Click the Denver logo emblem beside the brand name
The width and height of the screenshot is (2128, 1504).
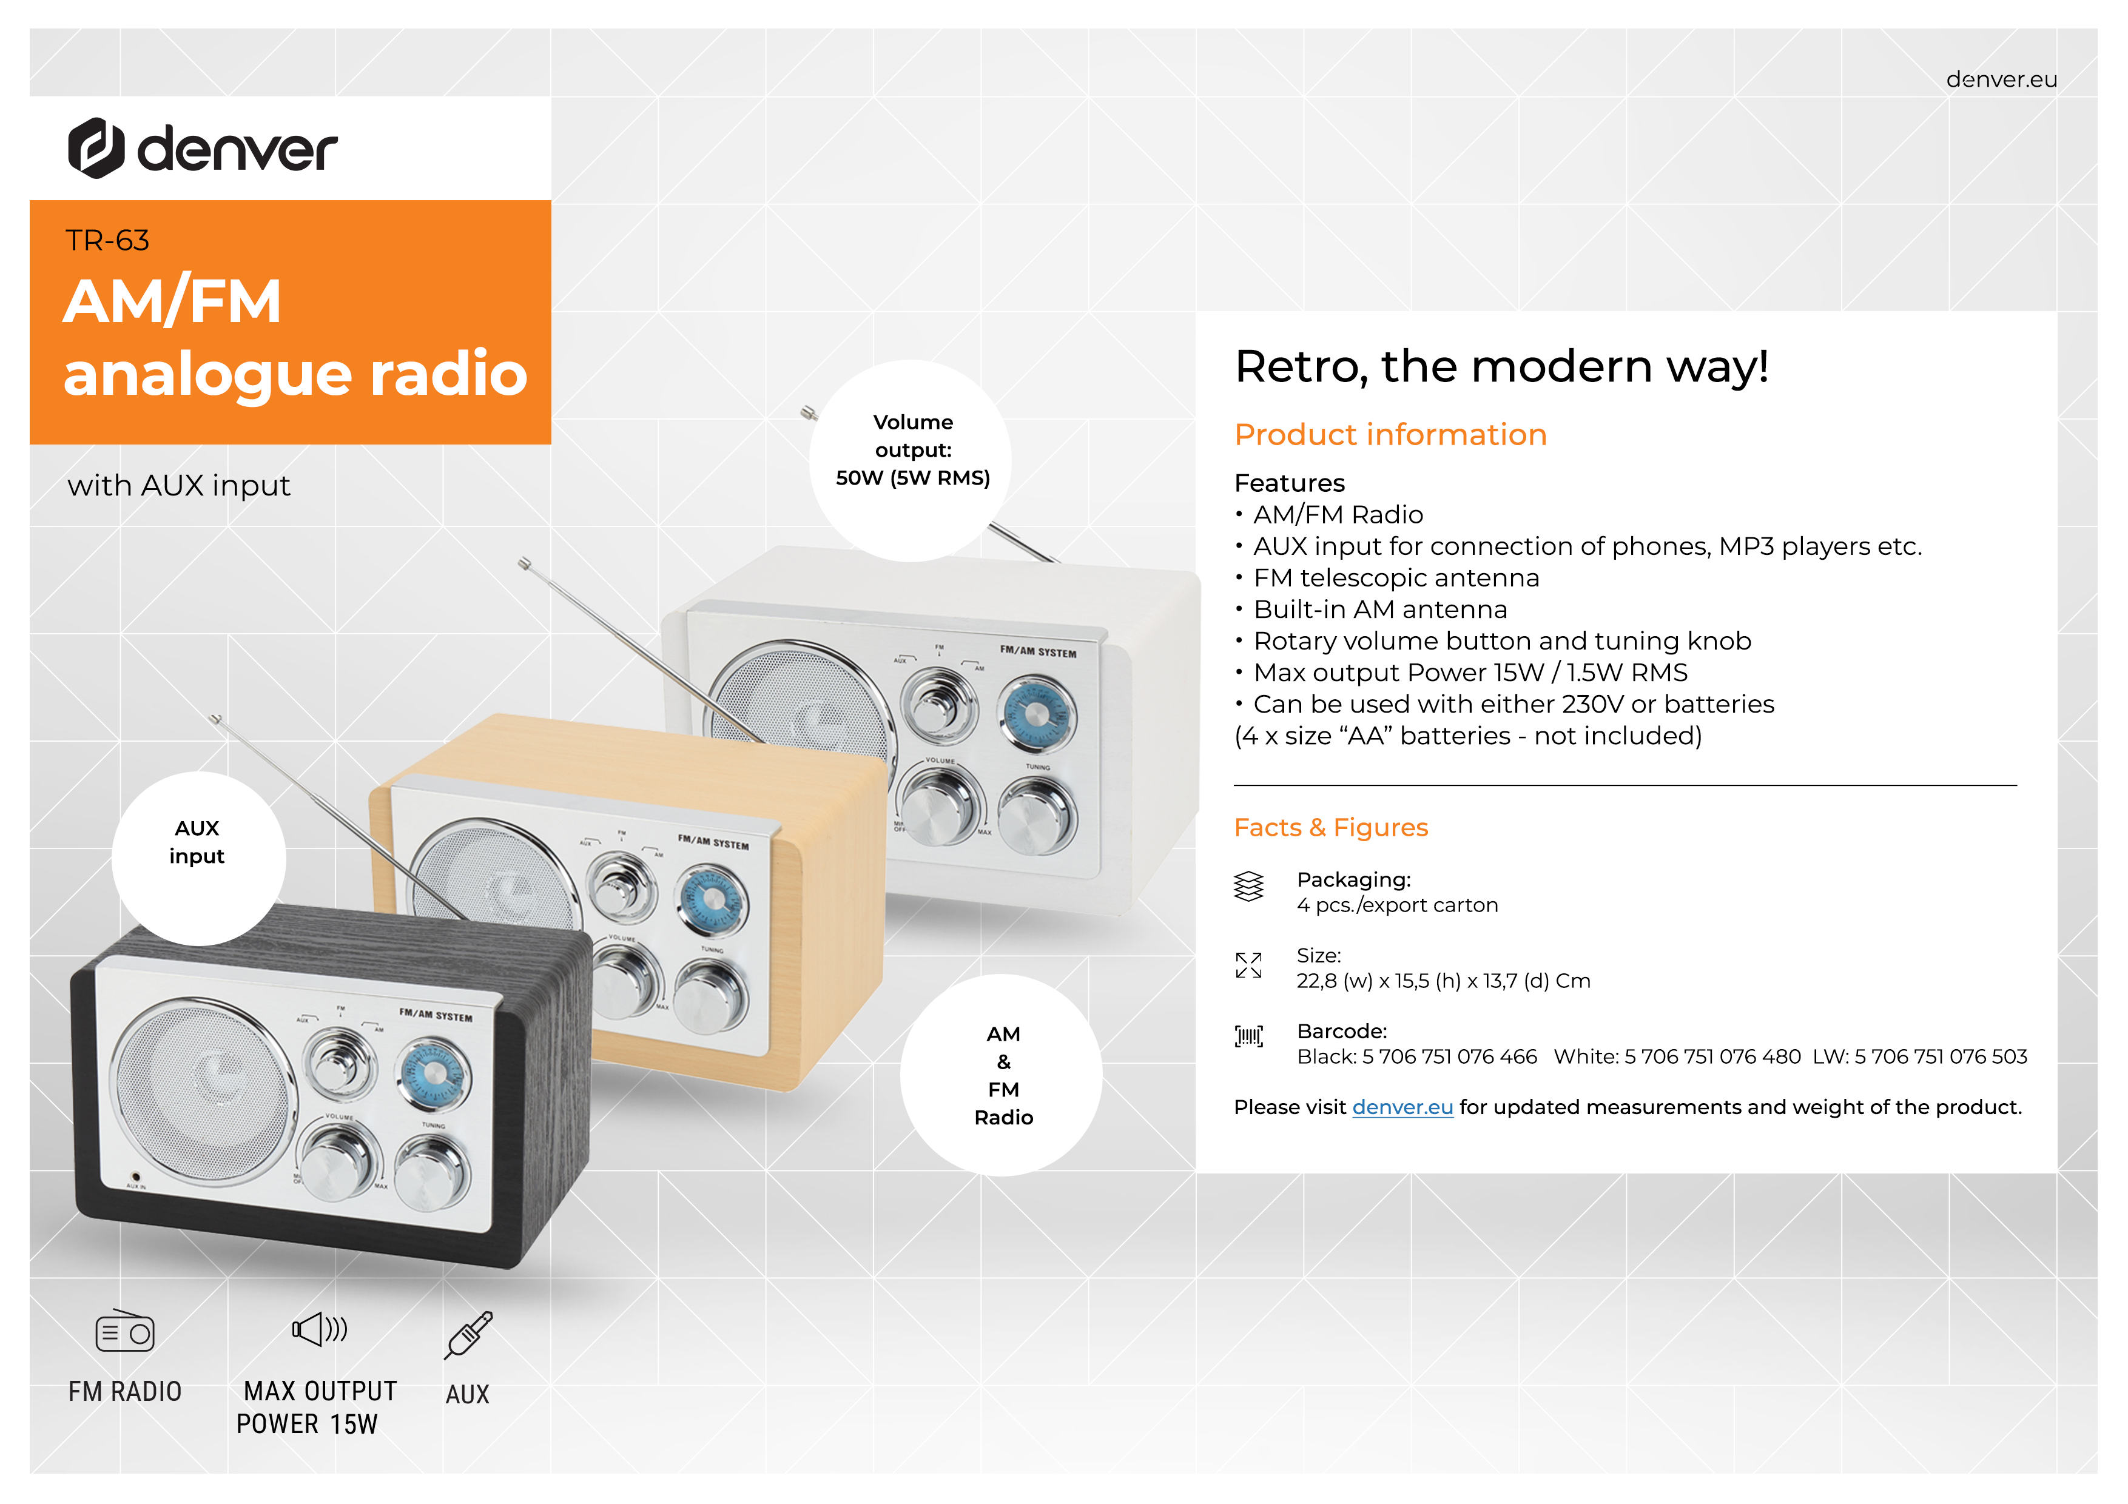pyautogui.click(x=96, y=147)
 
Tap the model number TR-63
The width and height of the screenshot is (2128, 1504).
pyautogui.click(x=107, y=241)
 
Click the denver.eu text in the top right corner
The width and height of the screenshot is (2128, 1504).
pyautogui.click(x=2001, y=79)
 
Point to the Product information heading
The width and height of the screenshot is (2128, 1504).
pyautogui.click(x=1390, y=435)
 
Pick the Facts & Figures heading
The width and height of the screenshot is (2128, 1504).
pyautogui.click(x=1331, y=828)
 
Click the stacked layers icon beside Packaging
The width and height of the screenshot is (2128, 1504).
pyautogui.click(x=1248, y=887)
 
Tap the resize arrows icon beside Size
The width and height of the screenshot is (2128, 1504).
pyautogui.click(x=1248, y=965)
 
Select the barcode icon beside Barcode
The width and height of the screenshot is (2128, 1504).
pyautogui.click(x=1248, y=1036)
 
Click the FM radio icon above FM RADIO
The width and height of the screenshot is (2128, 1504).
pyautogui.click(x=125, y=1331)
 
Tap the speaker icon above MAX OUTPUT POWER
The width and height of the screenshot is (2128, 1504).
pyautogui.click(x=320, y=1329)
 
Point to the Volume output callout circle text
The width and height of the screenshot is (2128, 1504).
pyautogui.click(x=913, y=451)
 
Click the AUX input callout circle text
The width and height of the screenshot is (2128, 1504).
pyautogui.click(x=197, y=842)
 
